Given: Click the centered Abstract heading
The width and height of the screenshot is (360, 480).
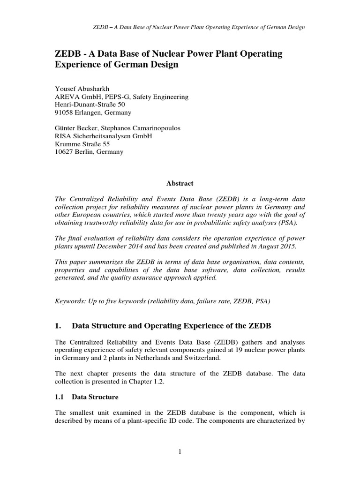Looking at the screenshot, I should [x=180, y=183].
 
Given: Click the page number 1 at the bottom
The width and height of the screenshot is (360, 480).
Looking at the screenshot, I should [x=180, y=451].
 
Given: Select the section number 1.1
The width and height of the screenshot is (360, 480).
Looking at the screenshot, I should [x=60, y=397].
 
